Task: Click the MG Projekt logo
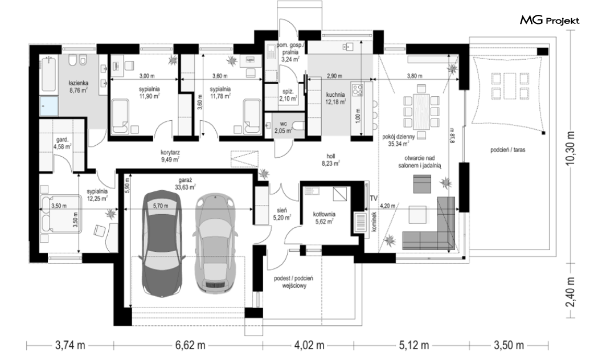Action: (x=550, y=20)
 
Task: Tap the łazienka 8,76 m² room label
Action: (x=79, y=87)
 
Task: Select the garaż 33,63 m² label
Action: (x=185, y=183)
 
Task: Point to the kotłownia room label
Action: (x=324, y=218)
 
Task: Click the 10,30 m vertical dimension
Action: (x=571, y=148)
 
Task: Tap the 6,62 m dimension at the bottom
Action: (x=190, y=346)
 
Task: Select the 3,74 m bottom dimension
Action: (x=70, y=346)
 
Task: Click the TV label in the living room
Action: (x=374, y=198)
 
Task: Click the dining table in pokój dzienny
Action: (x=421, y=111)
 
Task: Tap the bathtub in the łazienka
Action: (x=48, y=74)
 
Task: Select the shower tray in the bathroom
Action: (x=49, y=105)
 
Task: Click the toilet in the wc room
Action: (x=297, y=125)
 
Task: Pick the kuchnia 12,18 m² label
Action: (x=335, y=98)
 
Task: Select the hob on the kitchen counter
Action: (x=357, y=90)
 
